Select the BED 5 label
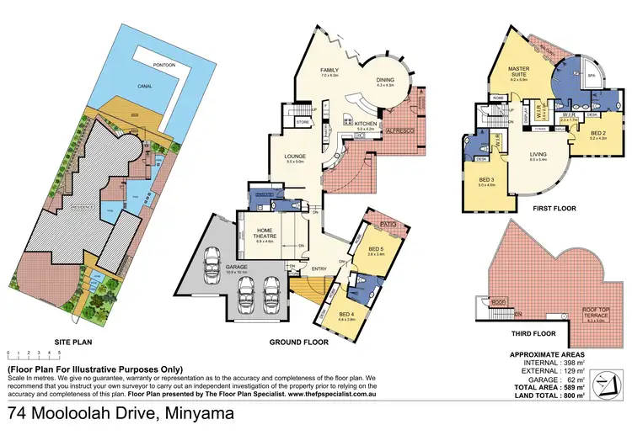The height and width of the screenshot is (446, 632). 376,250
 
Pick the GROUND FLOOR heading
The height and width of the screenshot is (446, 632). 297,343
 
